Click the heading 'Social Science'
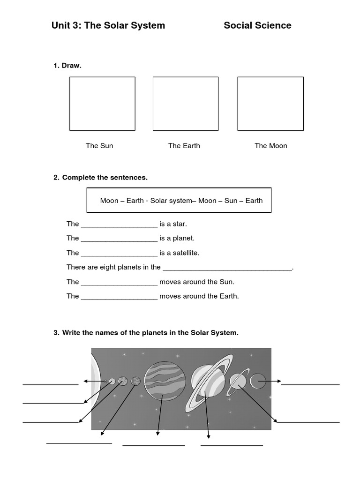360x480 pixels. coord(257,25)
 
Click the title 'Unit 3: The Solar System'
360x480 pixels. coord(108,25)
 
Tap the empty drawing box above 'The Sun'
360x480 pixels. coord(102,104)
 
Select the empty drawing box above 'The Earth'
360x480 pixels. coord(185,104)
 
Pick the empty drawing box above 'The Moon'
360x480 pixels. coord(270,104)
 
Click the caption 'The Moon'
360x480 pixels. coord(270,146)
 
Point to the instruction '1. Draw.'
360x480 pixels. coord(67,66)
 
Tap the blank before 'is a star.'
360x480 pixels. coord(119,225)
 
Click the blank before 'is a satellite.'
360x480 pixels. coord(119,254)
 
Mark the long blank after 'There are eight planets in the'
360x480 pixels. coord(227,268)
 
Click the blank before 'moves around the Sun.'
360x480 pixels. coord(119,283)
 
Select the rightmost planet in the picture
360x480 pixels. coord(258,381)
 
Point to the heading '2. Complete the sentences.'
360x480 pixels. coord(100,178)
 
